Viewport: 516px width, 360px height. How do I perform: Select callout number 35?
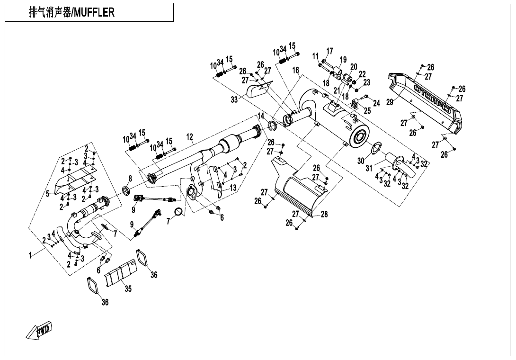coord(128,289)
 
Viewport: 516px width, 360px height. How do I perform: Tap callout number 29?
coord(390,102)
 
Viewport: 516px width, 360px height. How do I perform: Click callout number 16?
coord(295,70)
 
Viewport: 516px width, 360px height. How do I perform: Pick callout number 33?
coord(234,100)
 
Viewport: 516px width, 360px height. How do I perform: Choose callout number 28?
coord(324,215)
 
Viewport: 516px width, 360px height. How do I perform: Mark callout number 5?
coord(47,193)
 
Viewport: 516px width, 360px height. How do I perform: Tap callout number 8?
coord(130,179)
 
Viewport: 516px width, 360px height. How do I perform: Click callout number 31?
coord(369,168)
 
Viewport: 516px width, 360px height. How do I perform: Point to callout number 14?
coord(261,116)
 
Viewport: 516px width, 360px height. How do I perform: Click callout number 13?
coord(233,188)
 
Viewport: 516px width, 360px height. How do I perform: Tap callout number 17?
coord(329,51)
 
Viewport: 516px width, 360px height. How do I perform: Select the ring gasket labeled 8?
coord(126,191)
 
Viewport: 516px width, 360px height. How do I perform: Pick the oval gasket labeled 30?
coord(375,148)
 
